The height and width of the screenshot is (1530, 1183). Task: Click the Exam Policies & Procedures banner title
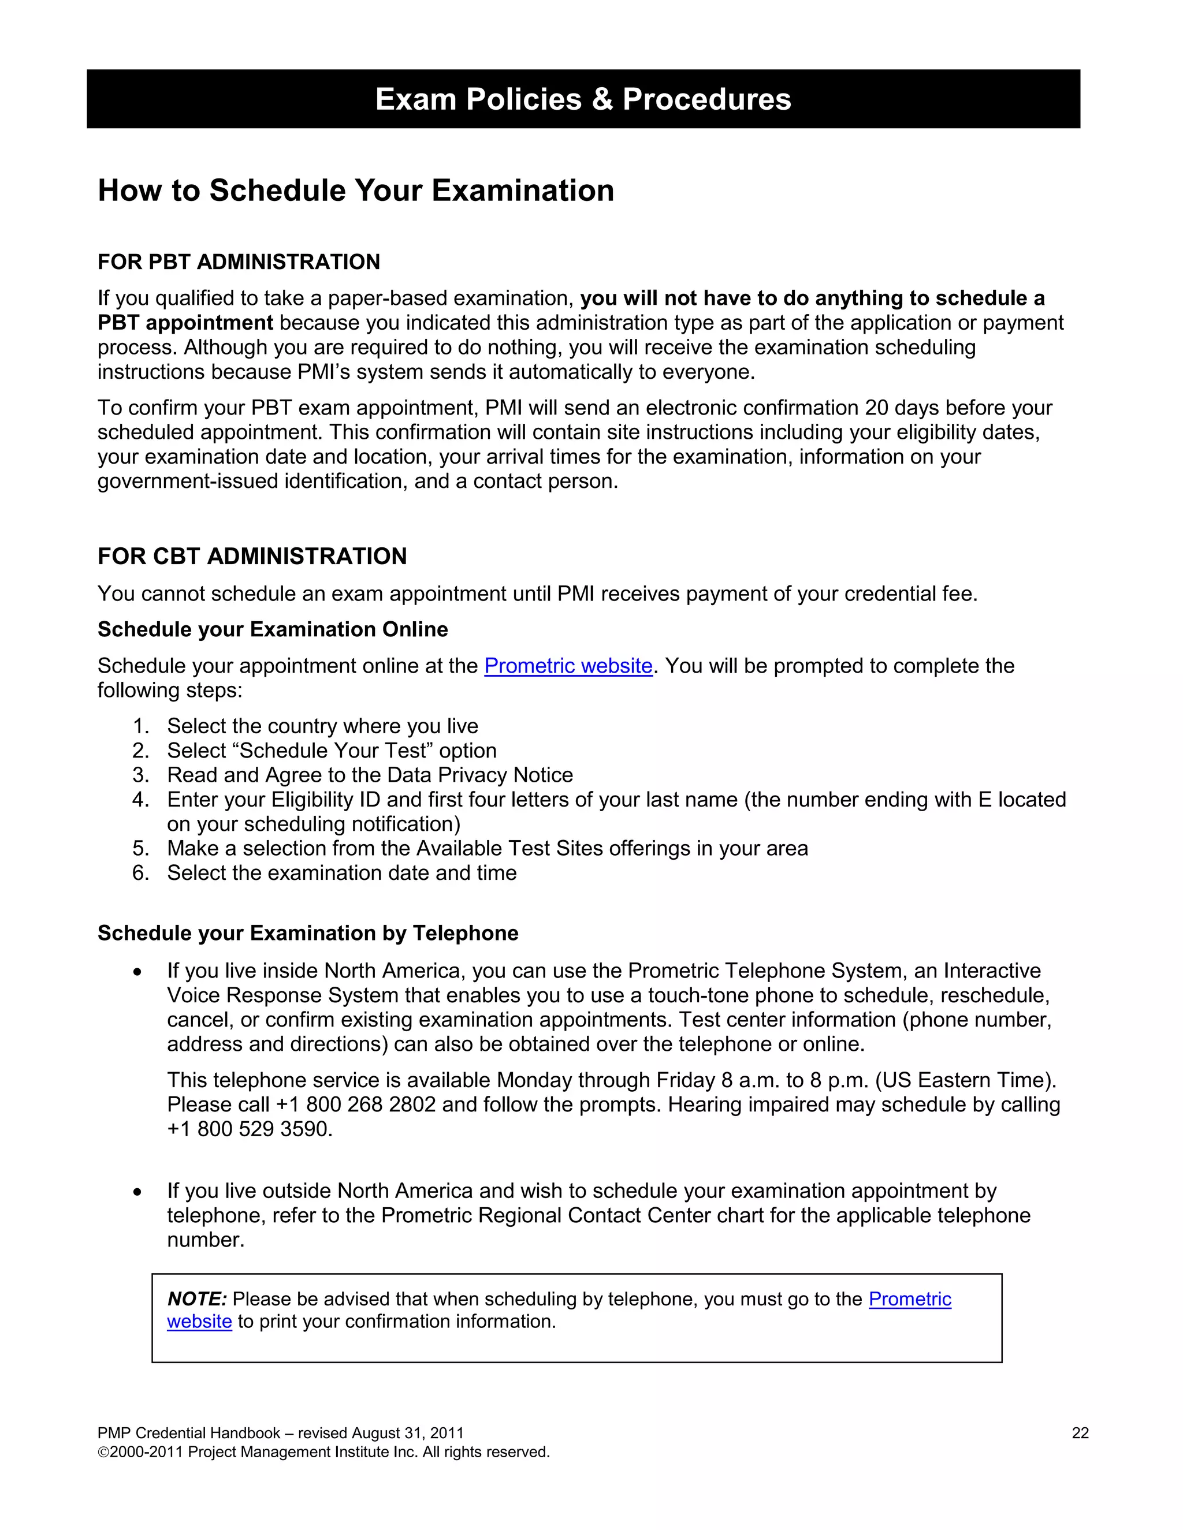tap(583, 99)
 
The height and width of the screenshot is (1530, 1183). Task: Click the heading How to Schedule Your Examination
tap(355, 191)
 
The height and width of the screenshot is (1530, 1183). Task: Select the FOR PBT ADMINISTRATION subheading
tap(239, 262)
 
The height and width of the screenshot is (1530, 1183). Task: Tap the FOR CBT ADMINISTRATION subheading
tap(252, 556)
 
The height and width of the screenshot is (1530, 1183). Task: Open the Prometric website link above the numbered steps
tap(568, 666)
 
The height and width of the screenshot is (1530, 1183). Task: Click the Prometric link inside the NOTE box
tap(909, 1299)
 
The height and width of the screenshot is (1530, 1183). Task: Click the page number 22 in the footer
tap(1080, 1432)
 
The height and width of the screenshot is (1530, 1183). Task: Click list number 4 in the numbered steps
tap(140, 799)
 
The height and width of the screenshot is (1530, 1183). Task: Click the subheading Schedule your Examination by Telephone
tap(308, 933)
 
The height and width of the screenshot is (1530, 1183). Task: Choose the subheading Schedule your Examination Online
tap(273, 629)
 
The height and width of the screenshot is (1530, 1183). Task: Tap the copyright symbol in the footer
tap(103, 1452)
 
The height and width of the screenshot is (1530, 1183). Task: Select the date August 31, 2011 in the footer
tap(407, 1432)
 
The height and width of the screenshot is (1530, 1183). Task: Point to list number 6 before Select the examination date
tap(140, 873)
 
